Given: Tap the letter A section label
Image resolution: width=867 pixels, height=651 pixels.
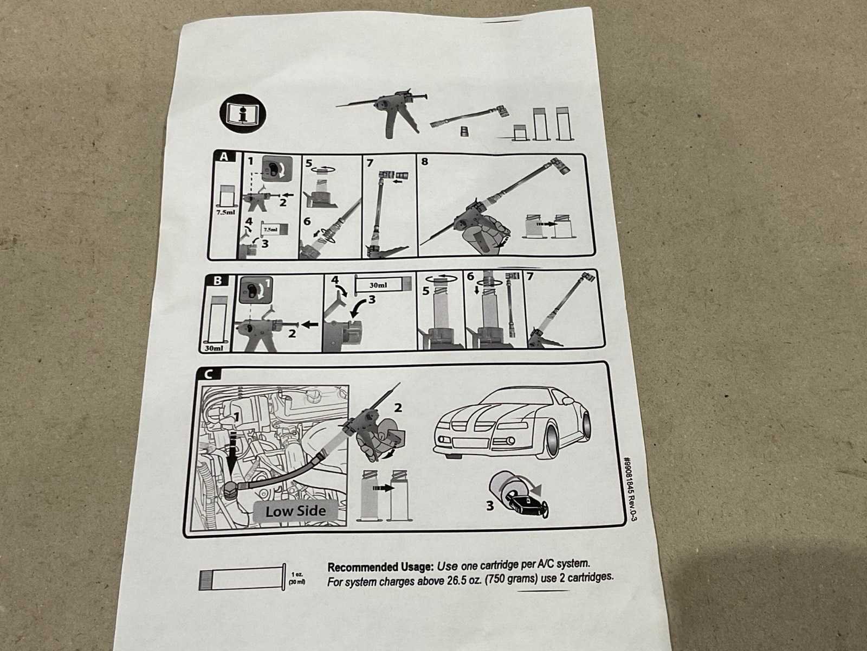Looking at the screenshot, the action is point(224,157).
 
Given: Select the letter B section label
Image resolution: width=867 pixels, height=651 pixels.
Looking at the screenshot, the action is point(217,280).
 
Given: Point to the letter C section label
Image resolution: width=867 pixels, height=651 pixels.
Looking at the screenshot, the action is point(208,374).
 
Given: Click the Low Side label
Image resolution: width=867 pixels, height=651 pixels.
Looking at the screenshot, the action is point(295,511).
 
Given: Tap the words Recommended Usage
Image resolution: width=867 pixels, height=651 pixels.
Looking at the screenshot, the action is point(380,567).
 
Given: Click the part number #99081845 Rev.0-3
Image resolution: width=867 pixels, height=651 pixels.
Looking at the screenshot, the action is point(631,489).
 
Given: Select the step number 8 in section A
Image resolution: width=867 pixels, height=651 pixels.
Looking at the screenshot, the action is point(425,162).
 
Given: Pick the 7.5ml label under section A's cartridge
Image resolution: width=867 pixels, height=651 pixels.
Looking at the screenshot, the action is point(226,212).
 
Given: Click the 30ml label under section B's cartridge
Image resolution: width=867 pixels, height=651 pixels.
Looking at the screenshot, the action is point(213,348).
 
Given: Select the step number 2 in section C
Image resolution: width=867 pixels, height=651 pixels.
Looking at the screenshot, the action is point(398,407).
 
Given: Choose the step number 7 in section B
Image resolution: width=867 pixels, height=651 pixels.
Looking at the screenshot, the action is point(529,276).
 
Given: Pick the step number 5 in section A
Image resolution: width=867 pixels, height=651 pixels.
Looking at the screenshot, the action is point(308,163).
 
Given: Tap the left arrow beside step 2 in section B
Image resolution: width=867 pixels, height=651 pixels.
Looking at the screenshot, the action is point(310,324).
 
